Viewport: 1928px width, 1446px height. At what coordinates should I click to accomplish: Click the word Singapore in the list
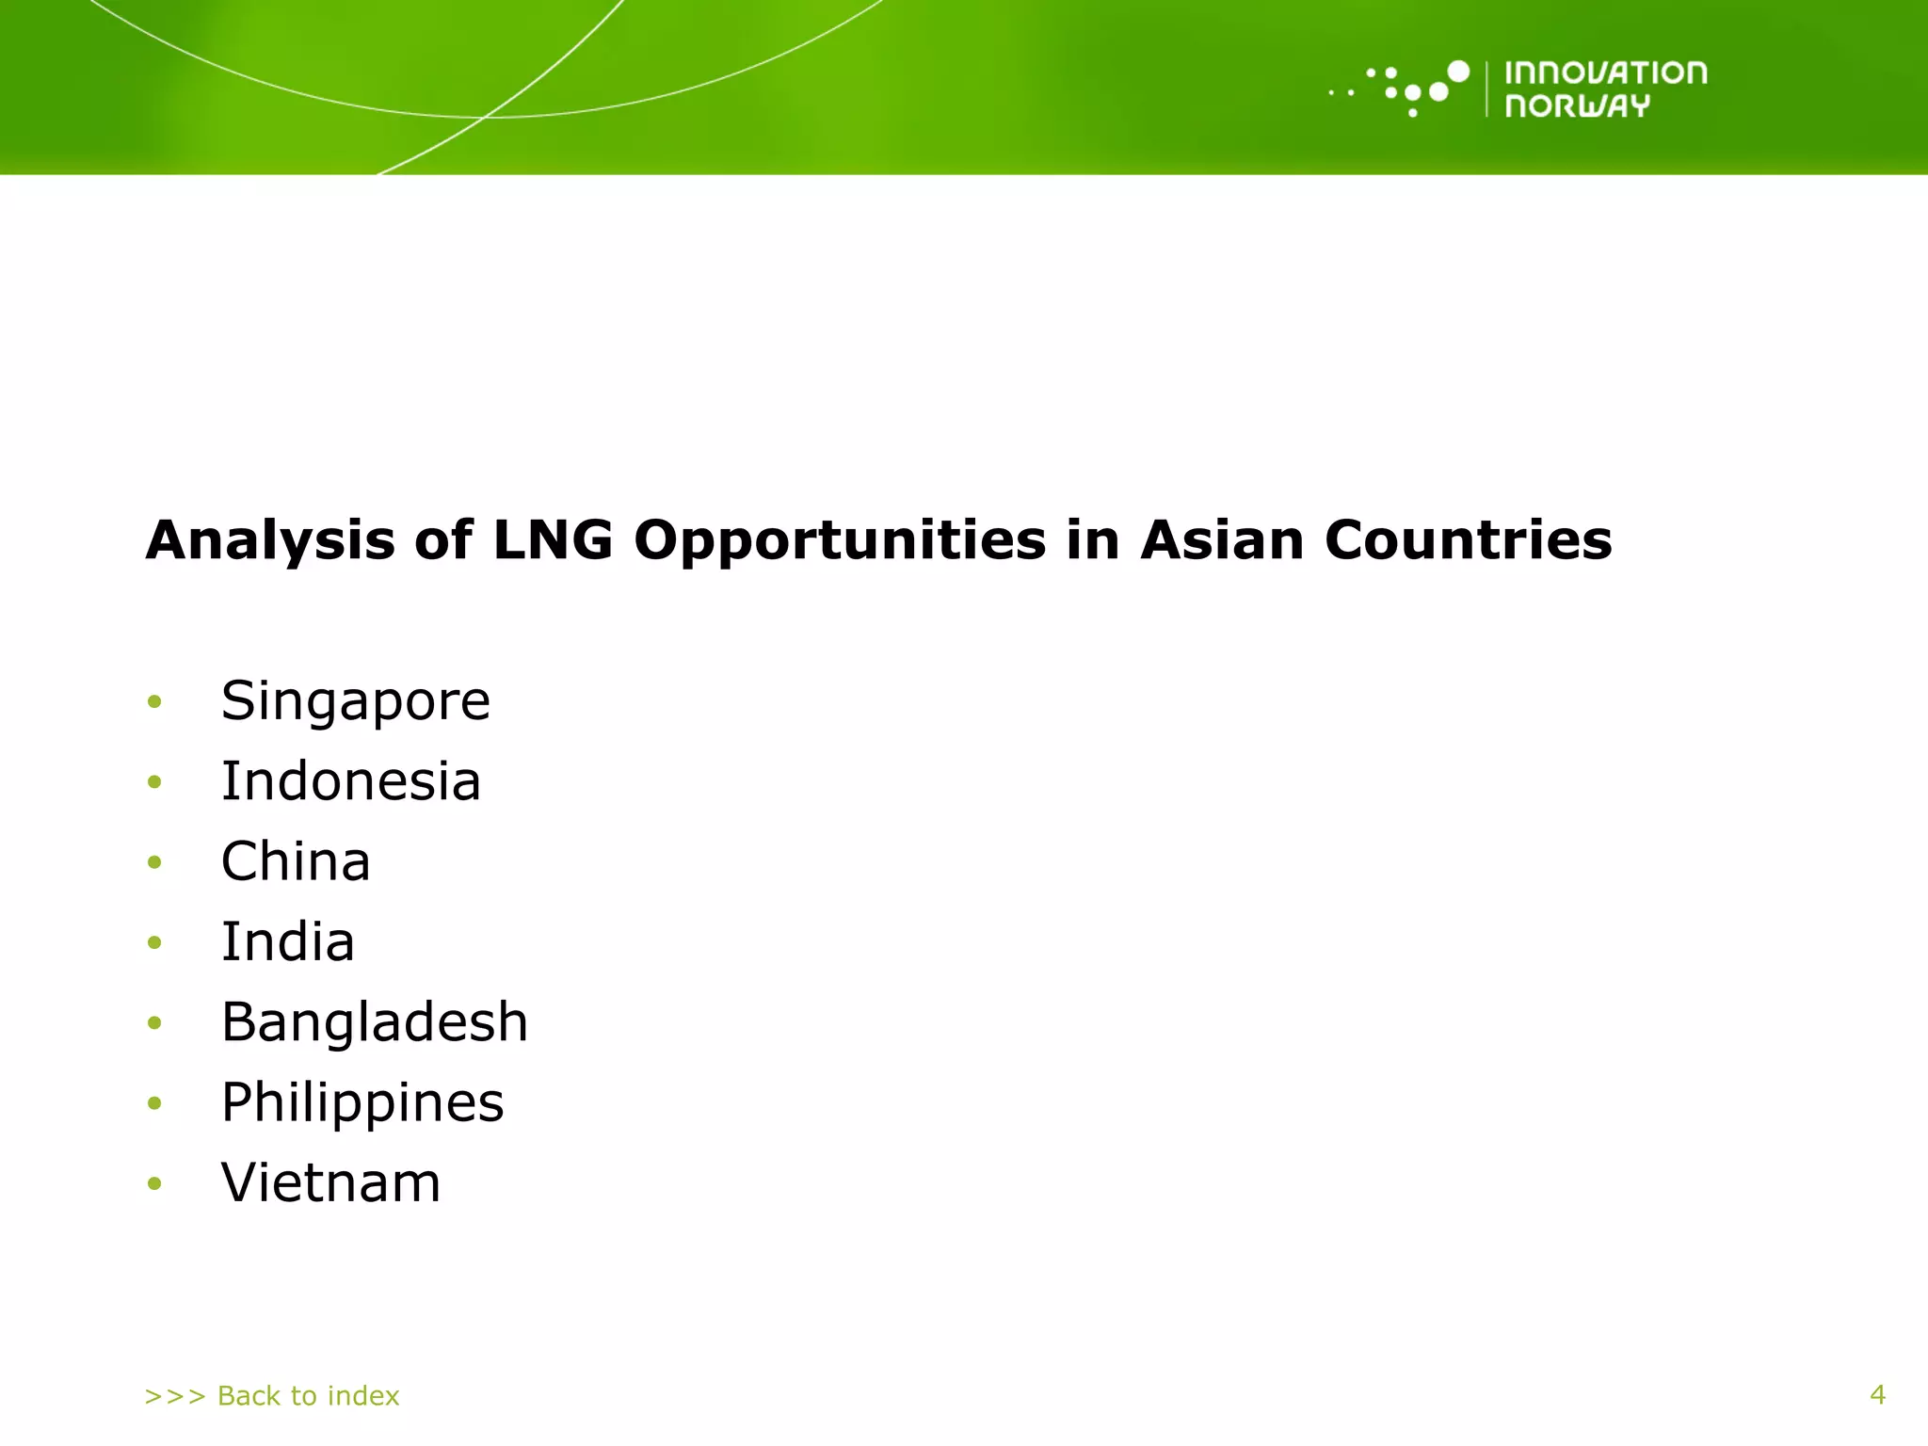(x=355, y=702)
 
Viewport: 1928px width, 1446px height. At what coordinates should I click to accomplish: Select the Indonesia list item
(x=350, y=781)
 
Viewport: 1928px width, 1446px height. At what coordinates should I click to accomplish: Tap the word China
(x=296, y=861)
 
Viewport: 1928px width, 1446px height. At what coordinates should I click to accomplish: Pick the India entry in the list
(x=287, y=941)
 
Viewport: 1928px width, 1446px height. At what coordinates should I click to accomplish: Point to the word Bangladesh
(x=374, y=1022)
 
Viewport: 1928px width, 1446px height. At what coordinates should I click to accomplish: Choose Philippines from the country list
(x=362, y=1103)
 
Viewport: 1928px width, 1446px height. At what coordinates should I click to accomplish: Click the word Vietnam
(x=330, y=1183)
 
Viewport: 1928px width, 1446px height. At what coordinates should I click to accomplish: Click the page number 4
(x=1877, y=1394)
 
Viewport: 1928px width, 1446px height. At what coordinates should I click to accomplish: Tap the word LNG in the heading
(x=553, y=540)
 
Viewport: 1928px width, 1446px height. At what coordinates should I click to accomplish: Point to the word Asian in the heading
(x=1222, y=540)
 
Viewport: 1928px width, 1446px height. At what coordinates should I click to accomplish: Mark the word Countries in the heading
(x=1468, y=540)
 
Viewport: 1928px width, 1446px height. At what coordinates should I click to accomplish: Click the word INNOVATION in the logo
(x=1605, y=73)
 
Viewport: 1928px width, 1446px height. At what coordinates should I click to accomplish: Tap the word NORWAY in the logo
(x=1577, y=105)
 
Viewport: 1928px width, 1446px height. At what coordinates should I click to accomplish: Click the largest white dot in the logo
(x=1458, y=72)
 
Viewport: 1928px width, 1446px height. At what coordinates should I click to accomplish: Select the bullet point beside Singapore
(x=155, y=701)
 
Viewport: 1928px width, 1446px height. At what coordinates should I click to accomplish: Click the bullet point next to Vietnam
(x=155, y=1183)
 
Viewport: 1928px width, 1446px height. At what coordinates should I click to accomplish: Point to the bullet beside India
(x=155, y=942)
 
